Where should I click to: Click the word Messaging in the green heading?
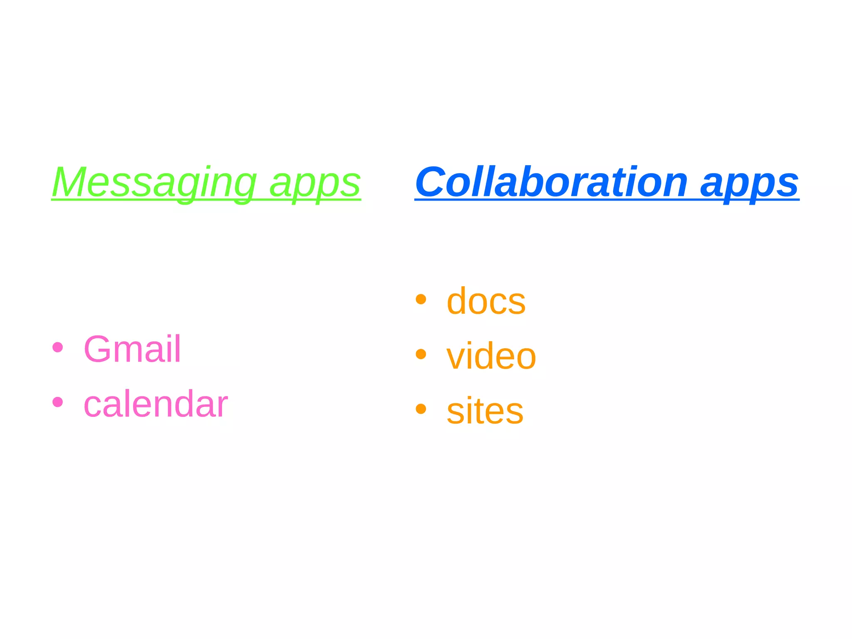point(154,183)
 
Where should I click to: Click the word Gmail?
point(132,349)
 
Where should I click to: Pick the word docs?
point(486,301)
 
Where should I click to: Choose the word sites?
point(485,411)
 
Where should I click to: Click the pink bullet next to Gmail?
point(58,347)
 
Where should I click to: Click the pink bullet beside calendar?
point(58,402)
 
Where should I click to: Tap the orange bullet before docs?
point(421,299)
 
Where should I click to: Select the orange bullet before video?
point(421,354)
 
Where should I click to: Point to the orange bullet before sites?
point(421,409)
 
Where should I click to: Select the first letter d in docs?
point(458,301)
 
